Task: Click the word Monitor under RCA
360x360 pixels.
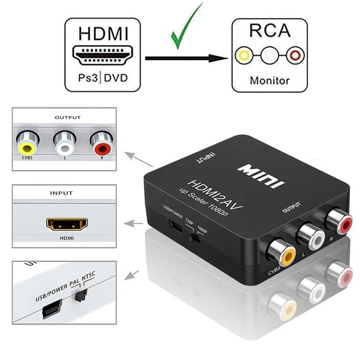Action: (270, 81)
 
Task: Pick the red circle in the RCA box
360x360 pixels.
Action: (295, 56)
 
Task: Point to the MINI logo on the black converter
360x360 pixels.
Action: (264, 175)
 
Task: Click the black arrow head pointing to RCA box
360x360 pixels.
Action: (220, 58)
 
